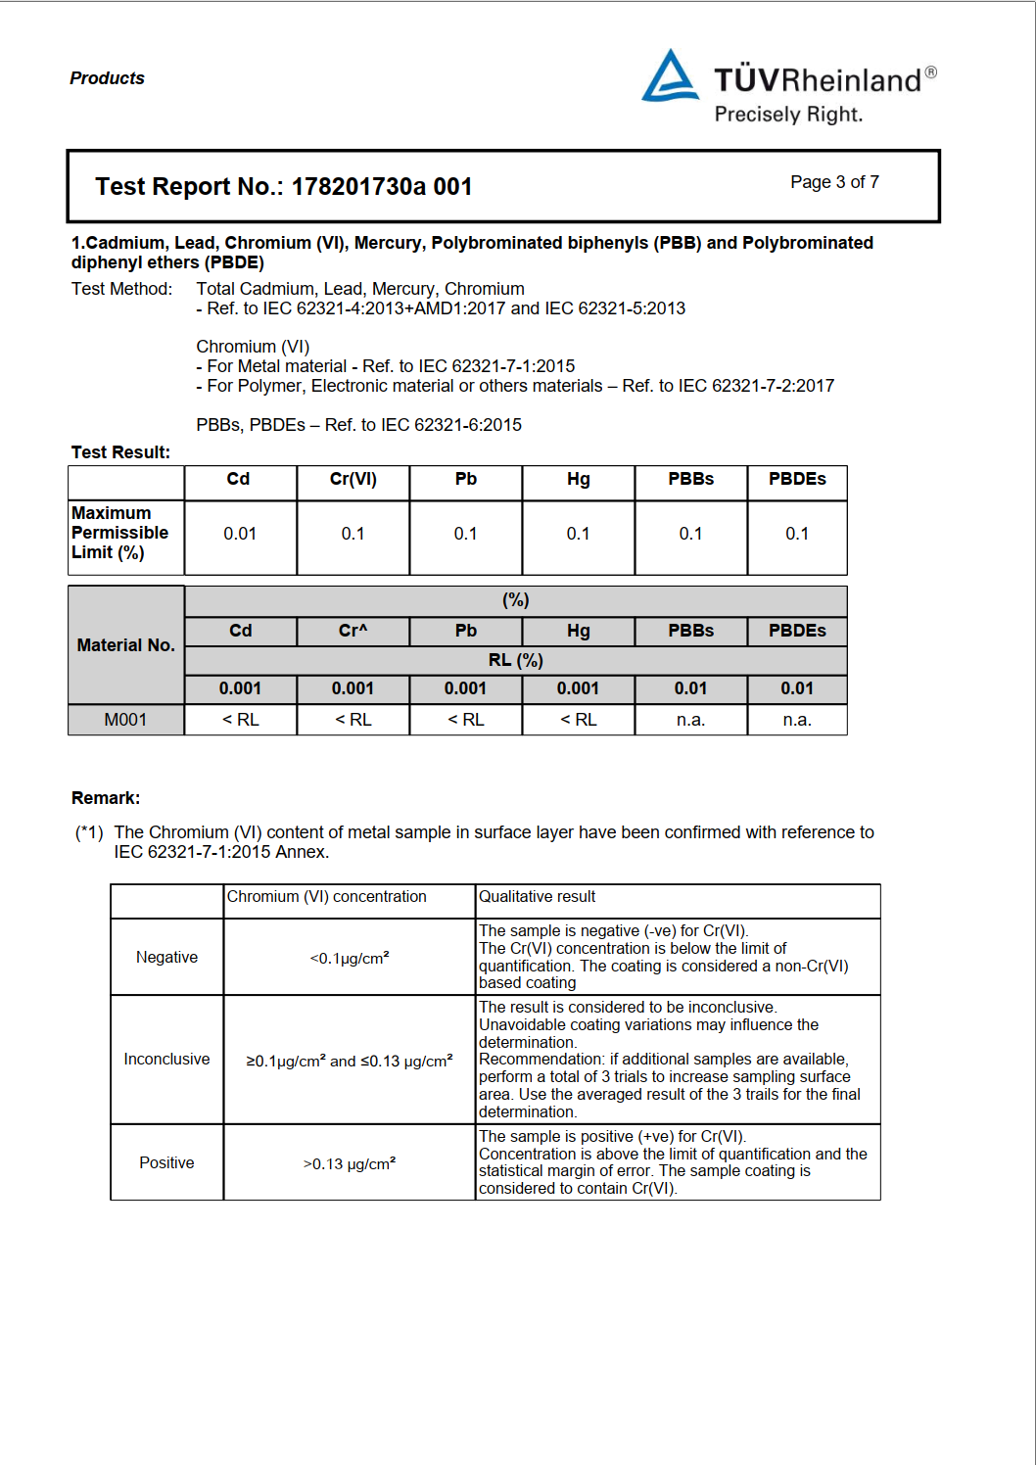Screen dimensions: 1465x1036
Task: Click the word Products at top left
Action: (107, 78)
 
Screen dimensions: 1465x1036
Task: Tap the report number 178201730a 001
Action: (382, 187)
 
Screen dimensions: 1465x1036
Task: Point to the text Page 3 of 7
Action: (834, 182)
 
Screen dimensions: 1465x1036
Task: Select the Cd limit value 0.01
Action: (240, 534)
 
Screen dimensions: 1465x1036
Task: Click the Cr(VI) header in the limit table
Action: (353, 479)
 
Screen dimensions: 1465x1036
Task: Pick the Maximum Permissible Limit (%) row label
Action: (120, 533)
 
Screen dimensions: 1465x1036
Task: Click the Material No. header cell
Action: (125, 645)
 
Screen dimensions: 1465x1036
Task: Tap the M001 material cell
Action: (125, 720)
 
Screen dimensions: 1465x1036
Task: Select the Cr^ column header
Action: (353, 631)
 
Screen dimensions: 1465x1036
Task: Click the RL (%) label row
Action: (515, 660)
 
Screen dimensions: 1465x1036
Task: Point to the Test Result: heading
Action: (120, 452)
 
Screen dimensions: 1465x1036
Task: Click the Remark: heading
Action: (106, 798)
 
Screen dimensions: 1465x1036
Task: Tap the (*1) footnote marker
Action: (89, 832)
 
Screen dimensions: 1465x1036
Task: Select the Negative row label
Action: (166, 957)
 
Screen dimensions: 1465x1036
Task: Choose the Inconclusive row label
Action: (166, 1060)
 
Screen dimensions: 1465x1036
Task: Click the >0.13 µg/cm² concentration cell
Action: (349, 1163)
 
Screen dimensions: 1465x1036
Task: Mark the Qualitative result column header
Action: (537, 897)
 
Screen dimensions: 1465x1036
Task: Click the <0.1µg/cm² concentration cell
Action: (349, 958)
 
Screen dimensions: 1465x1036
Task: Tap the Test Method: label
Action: (121, 289)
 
